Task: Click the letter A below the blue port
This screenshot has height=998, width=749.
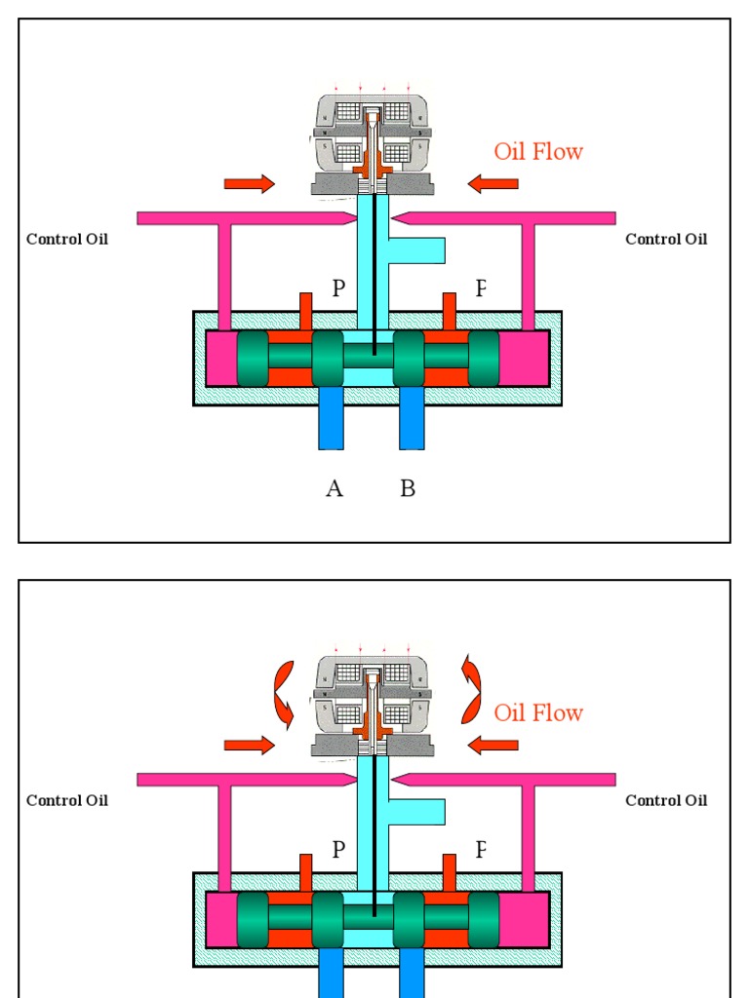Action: point(335,488)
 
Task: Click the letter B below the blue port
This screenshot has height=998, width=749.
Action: point(408,488)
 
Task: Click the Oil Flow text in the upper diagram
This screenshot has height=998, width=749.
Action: point(538,151)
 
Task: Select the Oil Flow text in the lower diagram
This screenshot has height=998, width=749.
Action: point(538,712)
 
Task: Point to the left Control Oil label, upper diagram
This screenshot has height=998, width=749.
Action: point(67,239)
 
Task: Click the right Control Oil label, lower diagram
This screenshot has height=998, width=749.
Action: point(666,800)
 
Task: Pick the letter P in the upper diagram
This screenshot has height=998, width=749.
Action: point(338,288)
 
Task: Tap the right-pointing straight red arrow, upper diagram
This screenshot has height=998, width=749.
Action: point(250,183)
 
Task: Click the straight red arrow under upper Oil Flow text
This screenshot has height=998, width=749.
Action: point(493,183)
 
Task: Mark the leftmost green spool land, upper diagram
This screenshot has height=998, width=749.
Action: point(253,358)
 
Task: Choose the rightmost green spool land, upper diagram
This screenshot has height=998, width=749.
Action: point(484,358)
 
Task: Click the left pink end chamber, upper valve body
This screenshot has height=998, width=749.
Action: point(220,358)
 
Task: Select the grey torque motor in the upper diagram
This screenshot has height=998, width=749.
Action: point(373,144)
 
